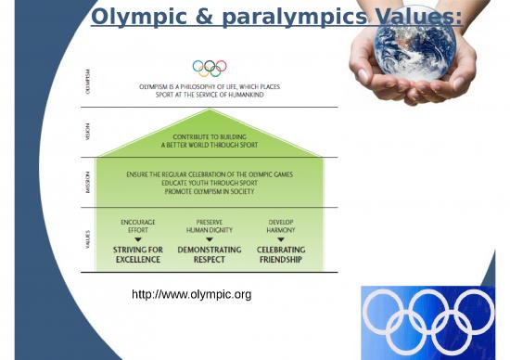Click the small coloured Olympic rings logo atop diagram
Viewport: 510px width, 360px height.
[209, 68]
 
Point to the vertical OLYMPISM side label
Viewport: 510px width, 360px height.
[88, 78]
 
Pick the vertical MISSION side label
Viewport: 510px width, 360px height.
[88, 183]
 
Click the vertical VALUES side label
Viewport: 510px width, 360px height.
[88, 240]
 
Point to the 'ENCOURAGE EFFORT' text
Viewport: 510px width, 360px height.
[138, 225]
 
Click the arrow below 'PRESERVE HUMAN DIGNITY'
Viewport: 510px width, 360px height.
[209, 239]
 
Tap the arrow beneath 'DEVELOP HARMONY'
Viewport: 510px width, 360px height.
[280, 239]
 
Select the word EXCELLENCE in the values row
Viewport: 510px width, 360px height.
[138, 259]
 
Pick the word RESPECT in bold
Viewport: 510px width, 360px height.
[209, 259]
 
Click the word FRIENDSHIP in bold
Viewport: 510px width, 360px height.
[280, 259]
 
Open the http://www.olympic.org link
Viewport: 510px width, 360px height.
[193, 295]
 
